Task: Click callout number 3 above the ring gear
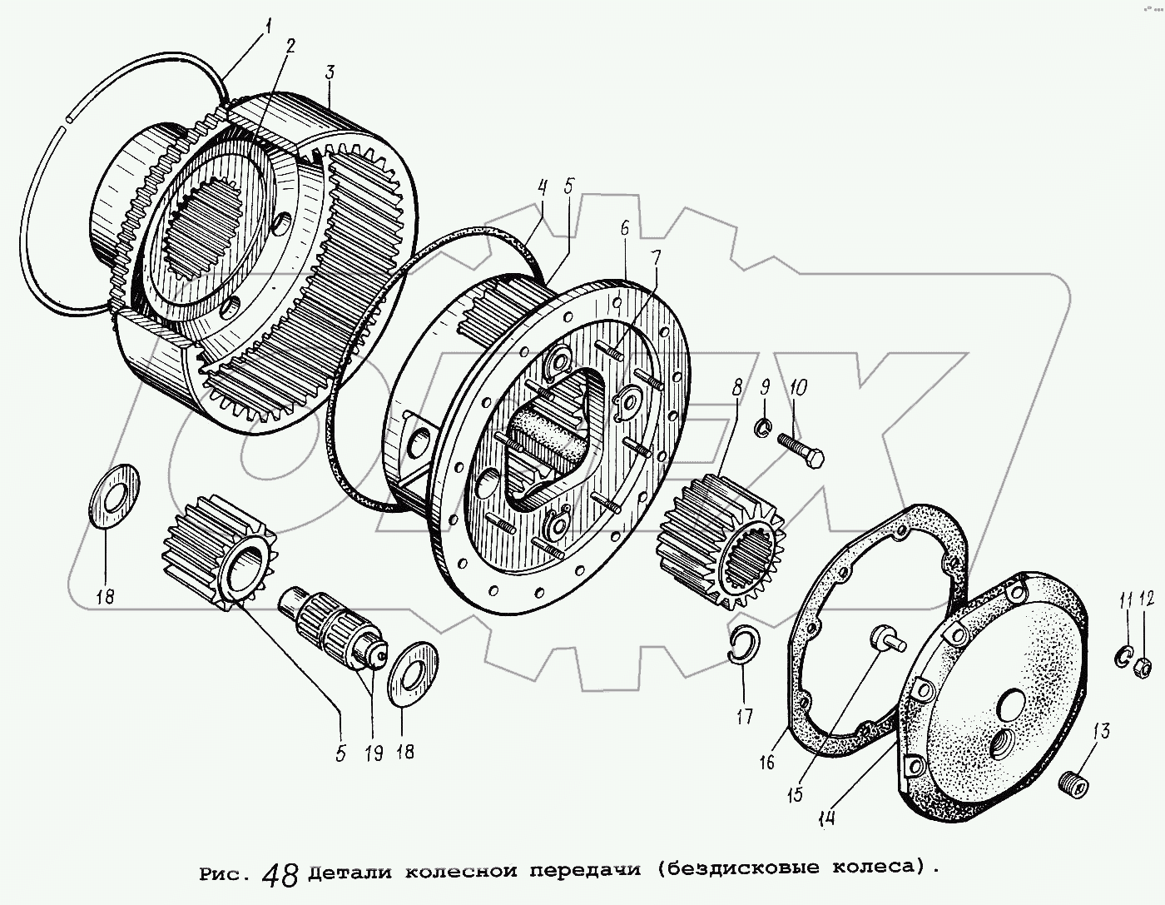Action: (330, 72)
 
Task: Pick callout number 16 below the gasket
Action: (766, 761)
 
